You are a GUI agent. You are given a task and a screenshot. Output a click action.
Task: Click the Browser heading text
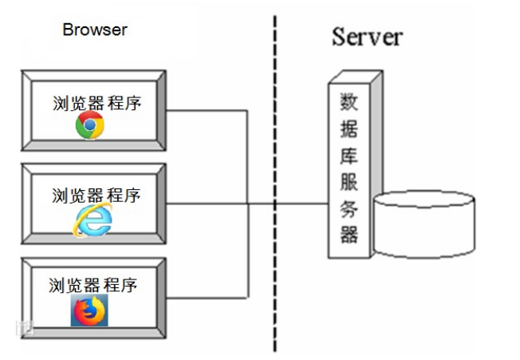pyautogui.click(x=94, y=30)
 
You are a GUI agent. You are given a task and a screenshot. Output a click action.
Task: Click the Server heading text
pyautogui.click(x=367, y=36)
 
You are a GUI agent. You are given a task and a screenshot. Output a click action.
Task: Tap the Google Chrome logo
pyautogui.click(x=89, y=125)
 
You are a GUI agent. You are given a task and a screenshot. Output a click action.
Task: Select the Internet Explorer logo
pyautogui.click(x=93, y=220)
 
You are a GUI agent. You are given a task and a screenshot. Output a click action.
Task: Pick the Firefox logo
pyautogui.click(x=89, y=311)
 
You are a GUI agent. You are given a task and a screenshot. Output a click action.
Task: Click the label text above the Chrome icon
pyautogui.click(x=97, y=104)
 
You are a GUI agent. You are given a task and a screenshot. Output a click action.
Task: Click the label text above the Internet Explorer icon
pyautogui.click(x=96, y=196)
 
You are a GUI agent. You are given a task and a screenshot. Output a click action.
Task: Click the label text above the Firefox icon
pyautogui.click(x=93, y=286)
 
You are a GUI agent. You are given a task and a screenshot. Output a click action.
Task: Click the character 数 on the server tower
pyautogui.click(x=349, y=101)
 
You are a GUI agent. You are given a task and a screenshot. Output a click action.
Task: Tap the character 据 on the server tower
pyautogui.click(x=349, y=128)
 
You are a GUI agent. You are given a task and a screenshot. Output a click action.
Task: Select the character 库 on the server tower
pyautogui.click(x=349, y=154)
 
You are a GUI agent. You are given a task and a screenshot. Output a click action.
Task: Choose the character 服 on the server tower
pyautogui.click(x=349, y=181)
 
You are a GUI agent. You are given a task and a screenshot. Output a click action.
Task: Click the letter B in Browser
pyautogui.click(x=67, y=30)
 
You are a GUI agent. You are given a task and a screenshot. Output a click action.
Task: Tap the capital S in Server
pyautogui.click(x=339, y=36)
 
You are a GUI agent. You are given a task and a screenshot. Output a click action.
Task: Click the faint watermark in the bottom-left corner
pyautogui.click(x=29, y=326)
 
